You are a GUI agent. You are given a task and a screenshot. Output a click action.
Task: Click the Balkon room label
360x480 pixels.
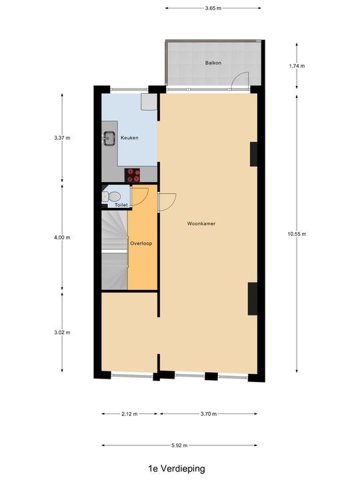click(x=213, y=63)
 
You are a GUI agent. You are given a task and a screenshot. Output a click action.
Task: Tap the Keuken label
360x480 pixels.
click(x=129, y=138)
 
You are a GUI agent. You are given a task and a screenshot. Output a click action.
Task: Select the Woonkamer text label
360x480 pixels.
click(x=201, y=224)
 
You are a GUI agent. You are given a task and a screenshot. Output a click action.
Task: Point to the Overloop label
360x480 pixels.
click(x=141, y=243)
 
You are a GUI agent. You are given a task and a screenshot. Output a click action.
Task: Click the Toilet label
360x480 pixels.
click(x=121, y=205)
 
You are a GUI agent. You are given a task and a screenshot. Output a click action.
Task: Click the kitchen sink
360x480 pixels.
click(x=109, y=139)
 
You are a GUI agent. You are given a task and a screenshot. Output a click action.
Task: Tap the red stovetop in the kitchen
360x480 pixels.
click(x=134, y=175)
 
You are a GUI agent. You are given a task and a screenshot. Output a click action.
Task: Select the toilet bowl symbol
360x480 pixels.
click(x=113, y=196)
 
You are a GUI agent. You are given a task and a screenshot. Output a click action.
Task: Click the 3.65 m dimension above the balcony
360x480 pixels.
click(x=213, y=8)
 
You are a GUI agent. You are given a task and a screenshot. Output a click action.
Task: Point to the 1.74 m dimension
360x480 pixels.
click(x=297, y=66)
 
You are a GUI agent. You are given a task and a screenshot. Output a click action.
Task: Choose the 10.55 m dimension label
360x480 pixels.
click(x=297, y=233)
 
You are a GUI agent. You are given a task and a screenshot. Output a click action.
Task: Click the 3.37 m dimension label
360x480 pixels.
click(x=62, y=138)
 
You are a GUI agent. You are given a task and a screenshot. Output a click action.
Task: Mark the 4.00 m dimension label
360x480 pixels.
click(x=62, y=237)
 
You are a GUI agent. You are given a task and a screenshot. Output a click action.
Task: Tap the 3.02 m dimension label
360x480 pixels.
click(x=62, y=332)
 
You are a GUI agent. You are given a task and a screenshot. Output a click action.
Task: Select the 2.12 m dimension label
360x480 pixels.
click(x=129, y=414)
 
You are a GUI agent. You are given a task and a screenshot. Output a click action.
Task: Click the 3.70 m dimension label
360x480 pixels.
click(x=209, y=414)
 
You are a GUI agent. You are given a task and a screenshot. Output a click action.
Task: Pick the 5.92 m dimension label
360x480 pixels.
click(x=179, y=445)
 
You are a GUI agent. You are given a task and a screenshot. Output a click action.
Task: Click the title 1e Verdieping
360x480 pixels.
click(x=177, y=469)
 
